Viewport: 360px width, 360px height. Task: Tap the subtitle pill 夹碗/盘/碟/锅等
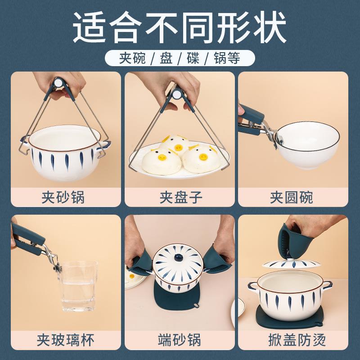click(180, 58)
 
